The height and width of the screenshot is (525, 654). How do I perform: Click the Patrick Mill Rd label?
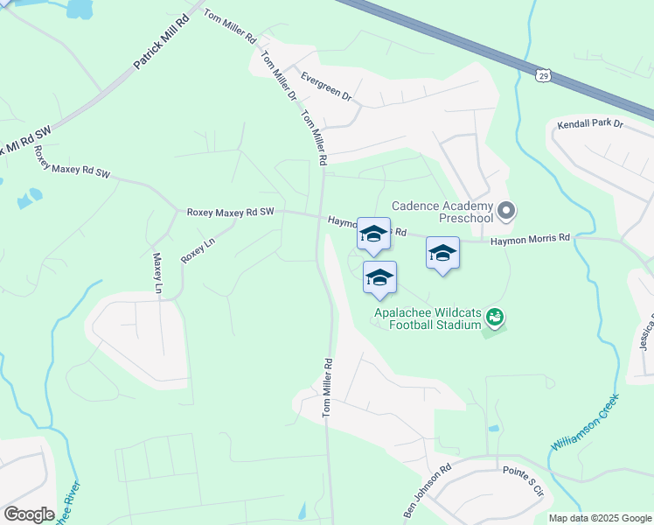point(161,44)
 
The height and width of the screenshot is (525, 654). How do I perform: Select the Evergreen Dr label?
point(322,87)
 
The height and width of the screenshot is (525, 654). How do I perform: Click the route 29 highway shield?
point(543,77)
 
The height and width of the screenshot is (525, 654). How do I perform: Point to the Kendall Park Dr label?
point(590,124)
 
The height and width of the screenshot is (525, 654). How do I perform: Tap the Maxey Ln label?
point(158,274)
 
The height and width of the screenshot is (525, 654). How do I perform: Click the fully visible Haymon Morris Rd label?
point(530,238)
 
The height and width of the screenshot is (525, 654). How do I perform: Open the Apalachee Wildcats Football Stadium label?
point(428,318)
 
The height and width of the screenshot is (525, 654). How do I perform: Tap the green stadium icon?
point(495,317)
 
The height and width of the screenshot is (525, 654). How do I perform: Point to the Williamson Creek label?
point(584,422)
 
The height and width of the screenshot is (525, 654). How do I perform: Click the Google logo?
point(29,514)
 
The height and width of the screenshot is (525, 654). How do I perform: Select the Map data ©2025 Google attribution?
point(601,518)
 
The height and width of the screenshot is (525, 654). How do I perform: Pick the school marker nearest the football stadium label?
point(379,277)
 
